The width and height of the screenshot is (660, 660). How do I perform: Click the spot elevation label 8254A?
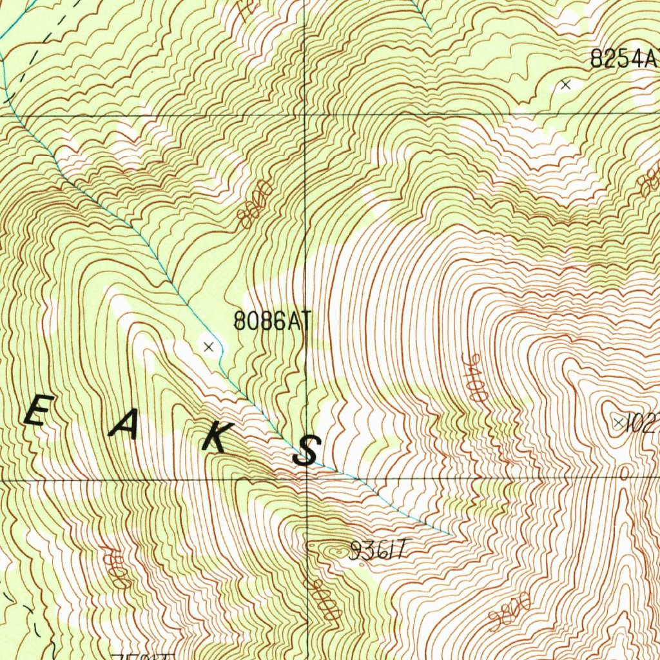pos(623,59)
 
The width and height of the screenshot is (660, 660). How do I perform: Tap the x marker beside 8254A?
pos(566,84)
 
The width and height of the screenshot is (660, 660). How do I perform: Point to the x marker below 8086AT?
pos(208,347)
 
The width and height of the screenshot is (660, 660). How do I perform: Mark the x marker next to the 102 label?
pos(619,423)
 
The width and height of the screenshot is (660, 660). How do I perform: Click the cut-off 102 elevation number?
pos(645,423)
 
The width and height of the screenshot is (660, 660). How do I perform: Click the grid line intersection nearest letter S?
pos(306,480)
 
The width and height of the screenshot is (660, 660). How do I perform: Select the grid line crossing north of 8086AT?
pos(305,115)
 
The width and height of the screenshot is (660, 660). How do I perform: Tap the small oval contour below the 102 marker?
pos(624,474)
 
